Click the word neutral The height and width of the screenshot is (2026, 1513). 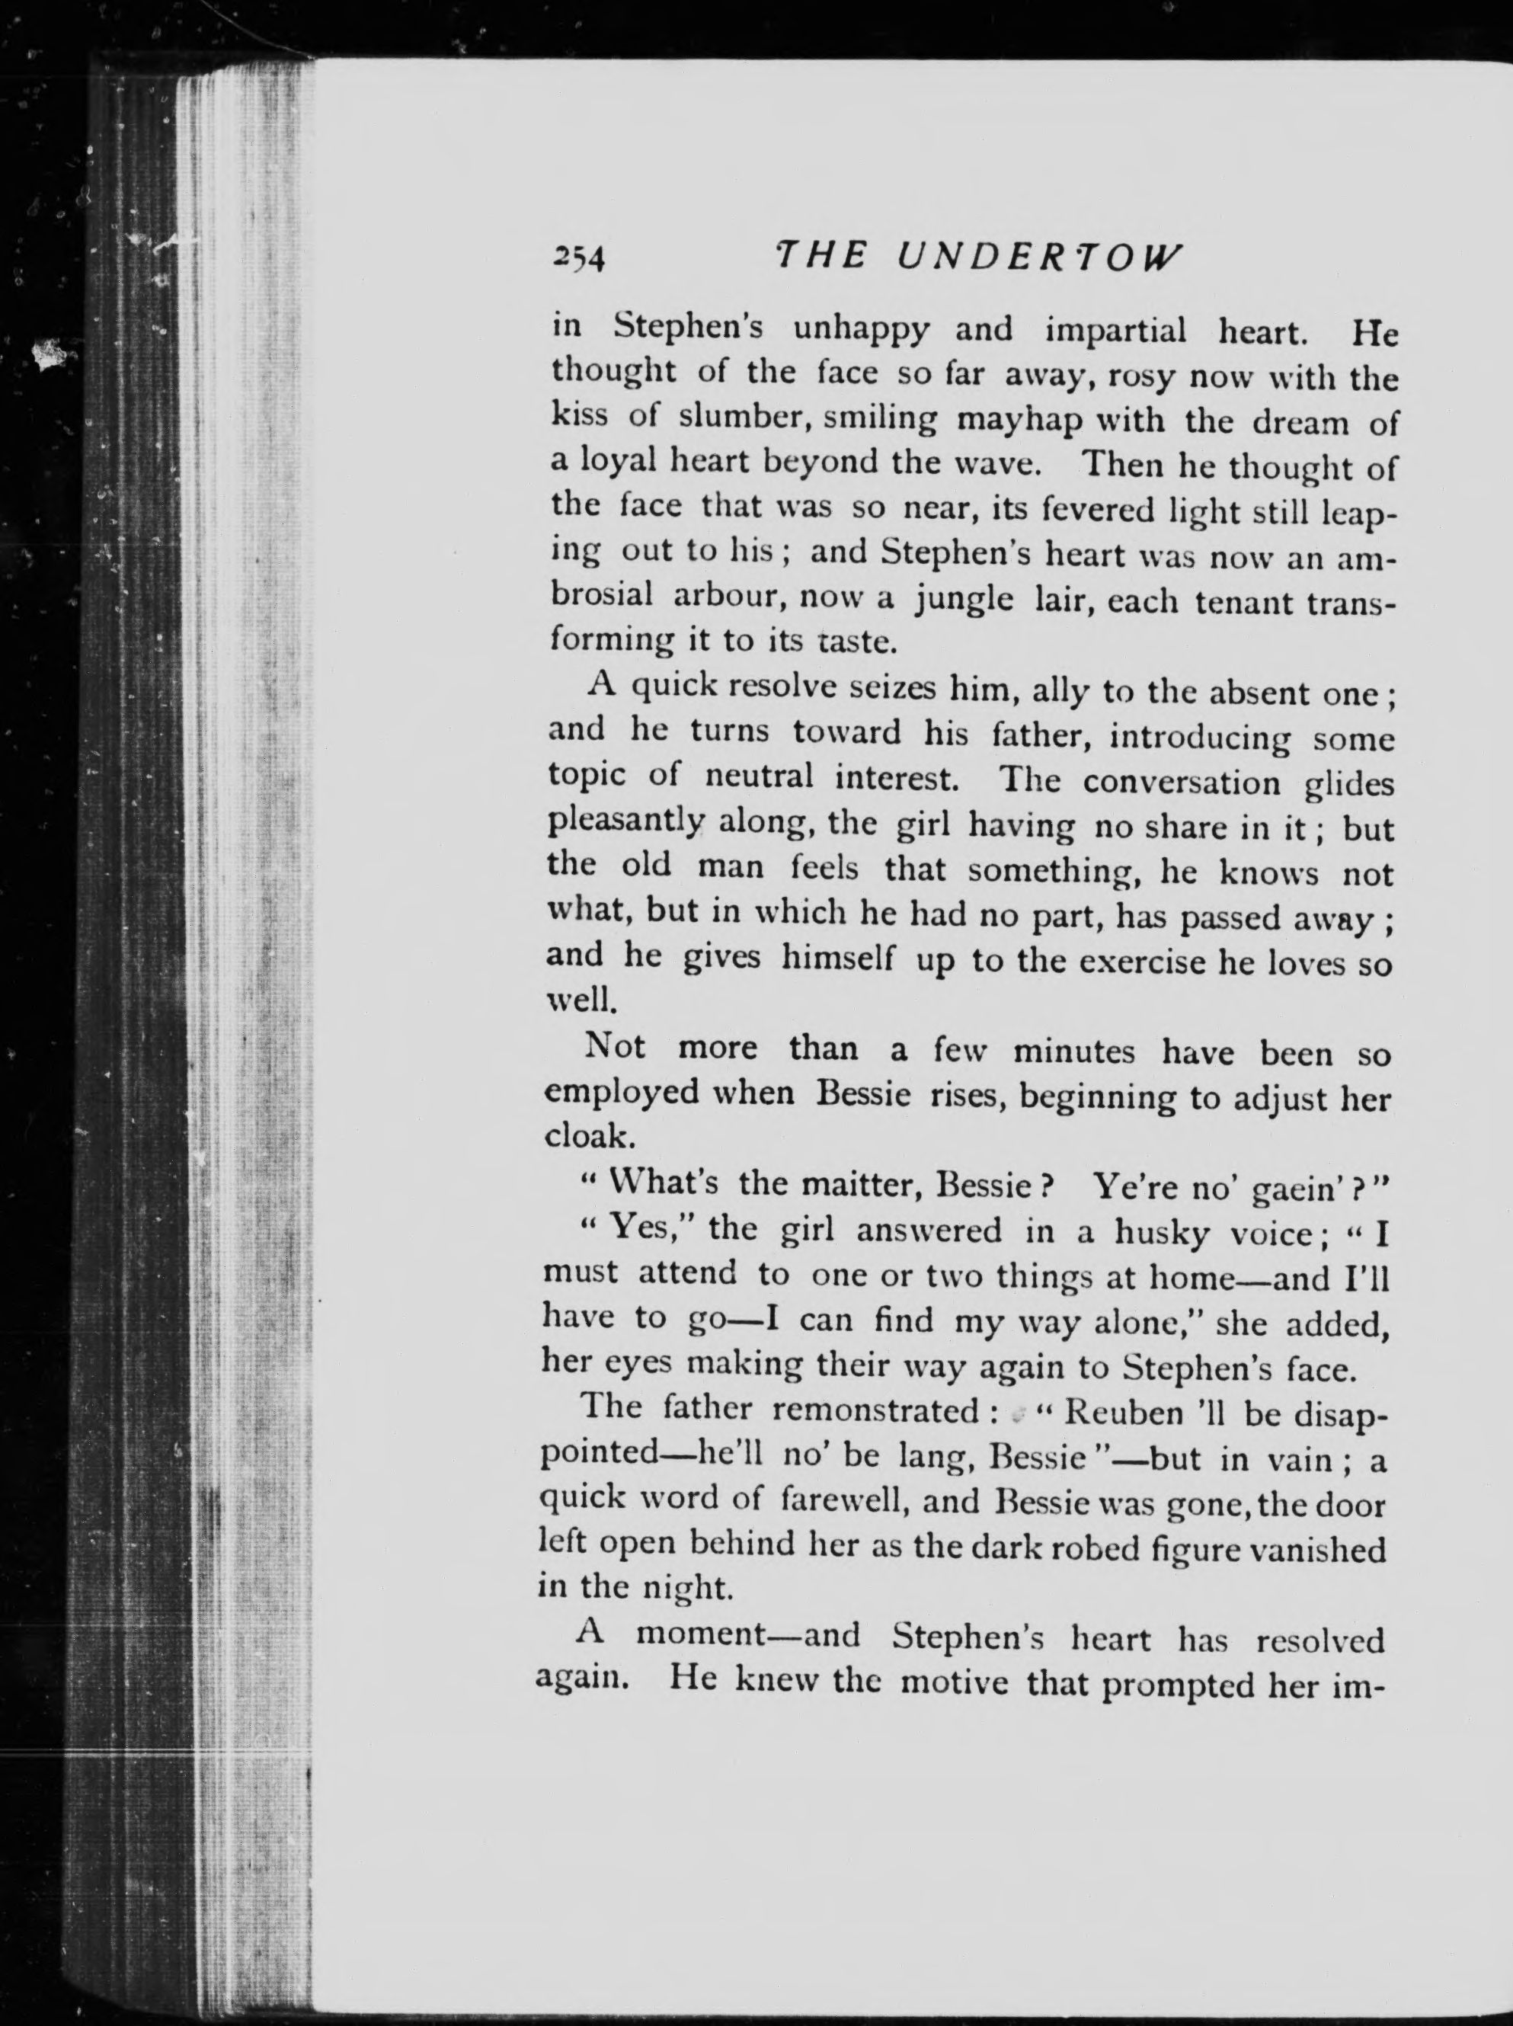click(x=760, y=776)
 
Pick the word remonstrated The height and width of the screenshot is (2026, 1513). click(x=875, y=1410)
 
